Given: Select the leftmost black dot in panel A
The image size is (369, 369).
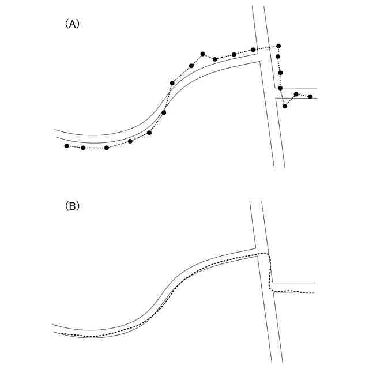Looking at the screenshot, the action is tap(66, 146).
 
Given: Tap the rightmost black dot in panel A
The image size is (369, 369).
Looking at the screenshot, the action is tap(310, 97).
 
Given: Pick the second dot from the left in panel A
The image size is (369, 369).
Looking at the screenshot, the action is tap(83, 148).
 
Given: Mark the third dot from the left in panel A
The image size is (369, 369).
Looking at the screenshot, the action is tap(107, 148).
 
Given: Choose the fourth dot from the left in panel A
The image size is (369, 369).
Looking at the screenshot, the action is tap(130, 141).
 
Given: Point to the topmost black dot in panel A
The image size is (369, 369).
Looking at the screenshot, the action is tap(278, 46).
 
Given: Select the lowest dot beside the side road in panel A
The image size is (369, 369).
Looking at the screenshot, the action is tap(285, 106).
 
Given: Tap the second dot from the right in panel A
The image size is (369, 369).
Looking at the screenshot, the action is tap(296, 94).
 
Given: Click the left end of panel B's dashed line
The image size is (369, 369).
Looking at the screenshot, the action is tap(61, 333).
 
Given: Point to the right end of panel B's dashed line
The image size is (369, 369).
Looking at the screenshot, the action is tap(314, 293).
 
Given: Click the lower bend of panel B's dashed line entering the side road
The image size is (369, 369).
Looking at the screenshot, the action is tap(273, 289).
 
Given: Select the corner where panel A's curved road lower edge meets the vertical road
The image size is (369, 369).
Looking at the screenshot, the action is tap(261, 61).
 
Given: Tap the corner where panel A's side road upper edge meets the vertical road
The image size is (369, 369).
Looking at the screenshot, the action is tap(275, 88).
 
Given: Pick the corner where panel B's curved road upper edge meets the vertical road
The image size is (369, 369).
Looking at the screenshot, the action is tap(255, 248).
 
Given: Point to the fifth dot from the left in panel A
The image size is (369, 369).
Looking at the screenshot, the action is tap(149, 133).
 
